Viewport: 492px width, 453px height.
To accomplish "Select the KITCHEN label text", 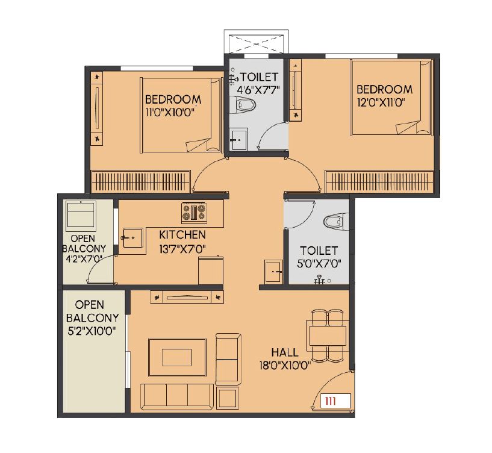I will click(x=182, y=234).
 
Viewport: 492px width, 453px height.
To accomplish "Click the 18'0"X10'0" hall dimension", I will click(x=284, y=364).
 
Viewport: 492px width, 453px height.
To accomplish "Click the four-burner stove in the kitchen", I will click(x=194, y=213).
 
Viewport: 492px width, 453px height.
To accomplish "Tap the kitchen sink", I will click(x=131, y=238).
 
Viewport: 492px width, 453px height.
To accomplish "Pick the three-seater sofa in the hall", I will click(x=176, y=395).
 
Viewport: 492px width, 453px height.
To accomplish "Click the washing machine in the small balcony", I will click(x=80, y=214).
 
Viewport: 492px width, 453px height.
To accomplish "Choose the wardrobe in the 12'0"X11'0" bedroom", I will click(x=379, y=181).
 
